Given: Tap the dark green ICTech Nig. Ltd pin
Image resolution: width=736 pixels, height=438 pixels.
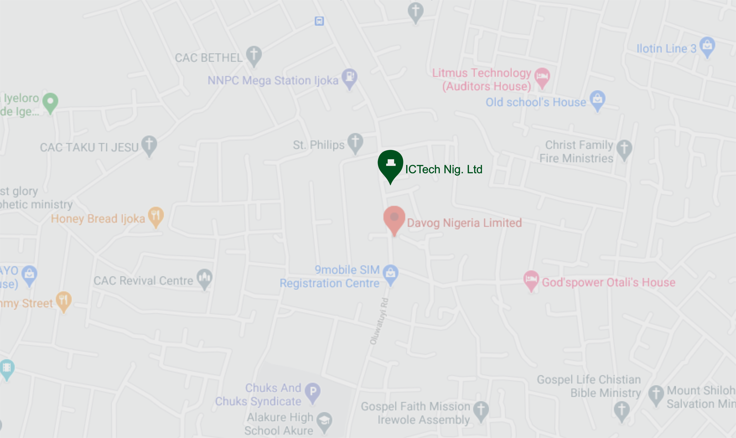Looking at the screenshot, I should click(390, 164).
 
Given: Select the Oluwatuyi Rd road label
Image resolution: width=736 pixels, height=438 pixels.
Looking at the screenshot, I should click(379, 321).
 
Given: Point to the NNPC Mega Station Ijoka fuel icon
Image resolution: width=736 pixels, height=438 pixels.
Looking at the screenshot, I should click(350, 77).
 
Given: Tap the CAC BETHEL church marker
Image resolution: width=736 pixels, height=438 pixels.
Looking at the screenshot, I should click(254, 55).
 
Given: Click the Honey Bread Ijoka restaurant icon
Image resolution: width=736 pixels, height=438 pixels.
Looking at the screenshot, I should click(156, 216).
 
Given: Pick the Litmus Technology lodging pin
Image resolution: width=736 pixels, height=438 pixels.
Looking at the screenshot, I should click(542, 76).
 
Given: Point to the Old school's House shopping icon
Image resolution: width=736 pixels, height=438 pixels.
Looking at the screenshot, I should click(597, 99).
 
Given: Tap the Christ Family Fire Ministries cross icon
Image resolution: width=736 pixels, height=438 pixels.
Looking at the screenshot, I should click(624, 148).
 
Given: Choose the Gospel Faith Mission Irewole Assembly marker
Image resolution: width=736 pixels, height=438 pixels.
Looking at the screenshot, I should click(481, 410).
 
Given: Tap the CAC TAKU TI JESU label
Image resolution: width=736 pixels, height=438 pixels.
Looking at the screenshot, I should click(89, 147).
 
